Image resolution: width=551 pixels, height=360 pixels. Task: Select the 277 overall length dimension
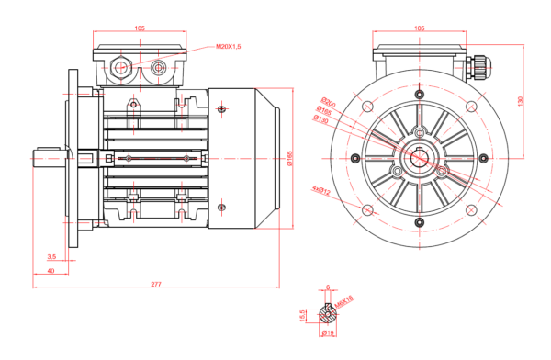tap(155, 285)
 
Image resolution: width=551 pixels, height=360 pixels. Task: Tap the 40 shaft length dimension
tap(51, 271)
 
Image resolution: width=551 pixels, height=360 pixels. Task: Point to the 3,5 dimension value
tap(51, 256)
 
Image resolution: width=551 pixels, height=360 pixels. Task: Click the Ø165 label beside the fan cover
tap(290, 159)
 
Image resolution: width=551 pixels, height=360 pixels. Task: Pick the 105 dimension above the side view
tap(140, 28)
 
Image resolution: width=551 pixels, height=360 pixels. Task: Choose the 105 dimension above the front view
tap(420, 28)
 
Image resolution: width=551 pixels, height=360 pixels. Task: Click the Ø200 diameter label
tap(327, 101)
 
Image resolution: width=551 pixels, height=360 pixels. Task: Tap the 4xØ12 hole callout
tap(320, 189)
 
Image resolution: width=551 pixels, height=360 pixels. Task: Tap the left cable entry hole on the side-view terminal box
tap(120, 67)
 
